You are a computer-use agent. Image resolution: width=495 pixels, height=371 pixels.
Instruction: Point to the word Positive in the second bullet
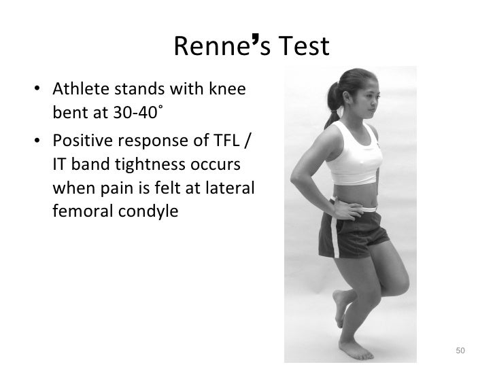[81, 143]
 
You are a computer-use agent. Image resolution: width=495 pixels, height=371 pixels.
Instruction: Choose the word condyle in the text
[147, 211]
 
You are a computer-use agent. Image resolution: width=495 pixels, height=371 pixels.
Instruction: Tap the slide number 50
[460, 351]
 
